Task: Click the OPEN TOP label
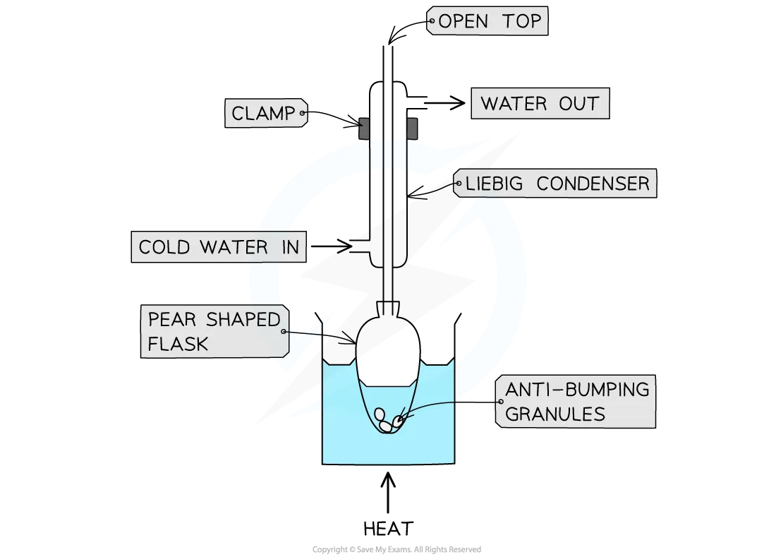point(487,20)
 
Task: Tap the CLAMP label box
point(266,113)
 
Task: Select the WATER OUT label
point(540,104)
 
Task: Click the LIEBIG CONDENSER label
point(555,183)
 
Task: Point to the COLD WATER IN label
point(219,246)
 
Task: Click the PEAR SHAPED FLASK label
point(214,331)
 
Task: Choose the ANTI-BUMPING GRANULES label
point(576,402)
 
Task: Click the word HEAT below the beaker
point(388,528)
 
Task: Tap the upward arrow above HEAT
point(388,492)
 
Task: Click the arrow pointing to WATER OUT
point(444,103)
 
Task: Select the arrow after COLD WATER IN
point(331,246)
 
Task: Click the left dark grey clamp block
point(364,128)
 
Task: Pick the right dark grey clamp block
point(412,128)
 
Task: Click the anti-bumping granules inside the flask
point(388,421)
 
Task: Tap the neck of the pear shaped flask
point(388,309)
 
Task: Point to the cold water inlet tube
point(360,246)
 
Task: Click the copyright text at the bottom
point(396,549)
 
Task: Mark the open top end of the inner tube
point(388,46)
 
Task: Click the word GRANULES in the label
point(554,414)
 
